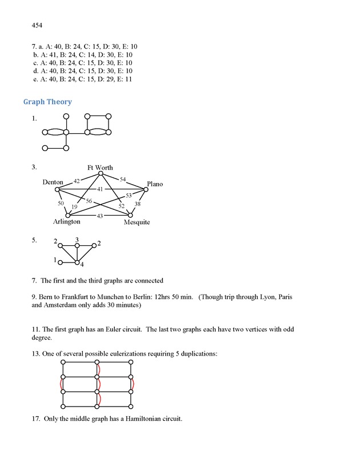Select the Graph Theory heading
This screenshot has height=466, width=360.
click(47, 102)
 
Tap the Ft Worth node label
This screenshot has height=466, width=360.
click(100, 168)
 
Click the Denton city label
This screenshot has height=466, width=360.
click(53, 182)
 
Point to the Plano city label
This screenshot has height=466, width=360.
click(154, 184)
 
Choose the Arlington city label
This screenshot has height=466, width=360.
click(67, 222)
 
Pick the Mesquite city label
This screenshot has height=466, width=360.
click(137, 222)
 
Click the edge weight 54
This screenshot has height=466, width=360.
click(123, 180)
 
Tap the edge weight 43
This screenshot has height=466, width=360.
click(100, 216)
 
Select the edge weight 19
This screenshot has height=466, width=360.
click(74, 207)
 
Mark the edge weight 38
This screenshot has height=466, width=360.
click(137, 204)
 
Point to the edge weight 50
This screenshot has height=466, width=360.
click(61, 204)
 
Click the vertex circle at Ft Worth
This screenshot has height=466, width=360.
click(101, 174)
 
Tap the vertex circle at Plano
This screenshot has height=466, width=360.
click(145, 189)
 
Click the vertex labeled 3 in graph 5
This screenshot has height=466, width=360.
click(77, 246)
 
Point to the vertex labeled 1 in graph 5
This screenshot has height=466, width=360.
click(61, 262)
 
